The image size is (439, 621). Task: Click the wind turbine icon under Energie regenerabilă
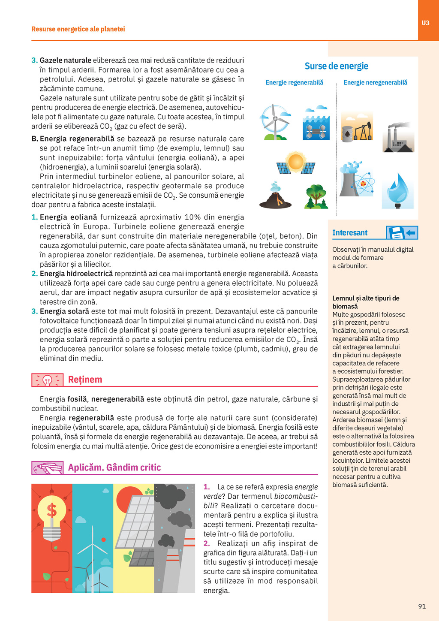click(x=274, y=122)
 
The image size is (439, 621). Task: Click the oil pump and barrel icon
click(x=357, y=127)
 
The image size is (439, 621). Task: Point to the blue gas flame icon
click(x=398, y=191)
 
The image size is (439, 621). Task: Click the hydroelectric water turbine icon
click(x=316, y=123)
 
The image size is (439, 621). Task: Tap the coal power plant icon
click(x=398, y=137)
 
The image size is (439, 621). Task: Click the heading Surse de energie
click(x=336, y=66)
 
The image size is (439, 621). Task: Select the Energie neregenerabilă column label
click(x=375, y=82)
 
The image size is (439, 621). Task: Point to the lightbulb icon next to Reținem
click(x=47, y=380)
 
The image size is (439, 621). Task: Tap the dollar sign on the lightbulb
click(x=52, y=510)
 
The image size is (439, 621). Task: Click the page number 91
click(x=422, y=606)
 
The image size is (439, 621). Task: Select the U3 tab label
click(x=425, y=23)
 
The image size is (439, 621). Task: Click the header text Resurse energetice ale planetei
click(x=78, y=29)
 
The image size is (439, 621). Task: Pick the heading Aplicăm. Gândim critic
click(x=114, y=467)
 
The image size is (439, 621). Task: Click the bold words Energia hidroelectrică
click(x=76, y=274)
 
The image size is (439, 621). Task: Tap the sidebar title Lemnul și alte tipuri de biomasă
click(x=365, y=302)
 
